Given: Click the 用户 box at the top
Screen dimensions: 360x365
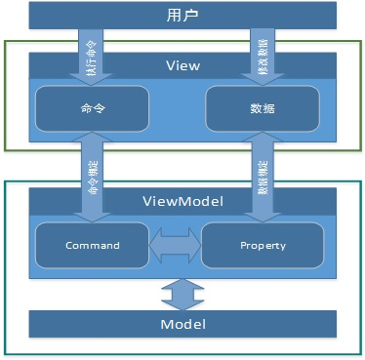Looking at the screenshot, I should click(x=182, y=17).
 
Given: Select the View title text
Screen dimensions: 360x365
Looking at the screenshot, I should click(x=183, y=65).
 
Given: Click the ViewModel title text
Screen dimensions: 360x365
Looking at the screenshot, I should click(x=183, y=200).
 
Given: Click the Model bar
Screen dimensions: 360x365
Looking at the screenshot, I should click(x=182, y=322).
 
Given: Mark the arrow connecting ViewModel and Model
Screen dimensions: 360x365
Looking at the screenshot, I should click(x=182, y=291).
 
